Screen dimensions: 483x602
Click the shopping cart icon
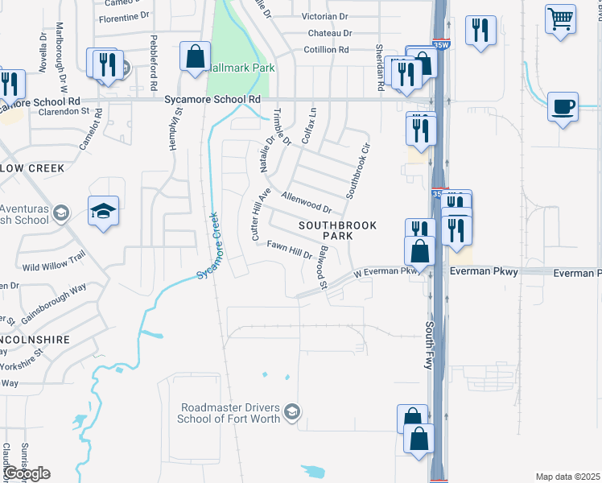(x=560, y=17)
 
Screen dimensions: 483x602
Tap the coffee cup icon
(x=563, y=105)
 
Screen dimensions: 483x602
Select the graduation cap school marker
(x=104, y=211)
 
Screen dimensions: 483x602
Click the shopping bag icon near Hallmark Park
(x=195, y=56)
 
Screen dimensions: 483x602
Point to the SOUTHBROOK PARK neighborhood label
(x=337, y=231)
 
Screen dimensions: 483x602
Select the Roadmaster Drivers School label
(x=230, y=413)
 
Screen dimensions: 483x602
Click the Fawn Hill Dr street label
(x=290, y=254)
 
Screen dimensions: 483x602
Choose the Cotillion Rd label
(x=327, y=49)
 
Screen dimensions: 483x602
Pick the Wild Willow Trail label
(x=54, y=261)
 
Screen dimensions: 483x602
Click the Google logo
(x=27, y=473)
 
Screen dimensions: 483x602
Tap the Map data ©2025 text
(x=567, y=477)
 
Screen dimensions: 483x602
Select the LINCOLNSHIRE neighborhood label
(x=35, y=340)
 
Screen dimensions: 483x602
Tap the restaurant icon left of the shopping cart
(x=481, y=31)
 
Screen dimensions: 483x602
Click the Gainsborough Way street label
(x=55, y=302)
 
